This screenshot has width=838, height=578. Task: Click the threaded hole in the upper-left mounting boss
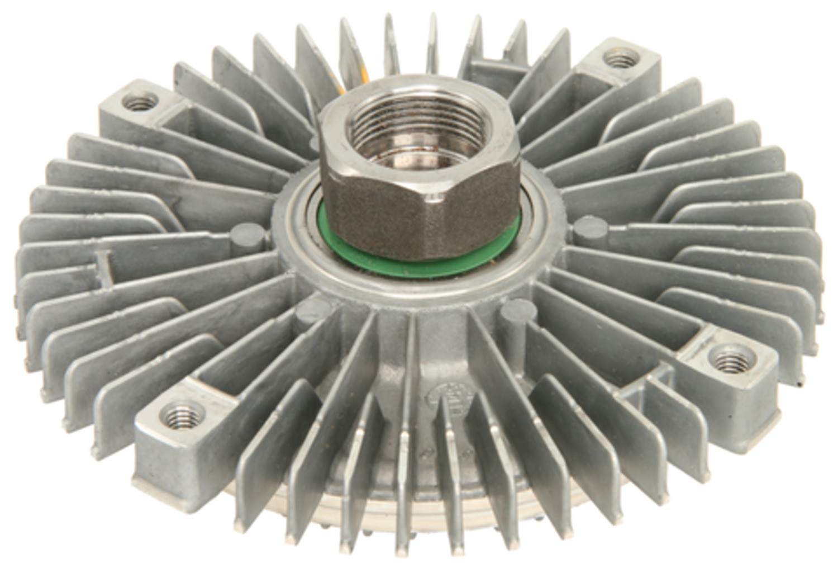135,102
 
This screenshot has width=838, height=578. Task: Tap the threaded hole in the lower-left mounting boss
180,415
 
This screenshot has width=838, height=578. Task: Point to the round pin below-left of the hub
314,309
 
